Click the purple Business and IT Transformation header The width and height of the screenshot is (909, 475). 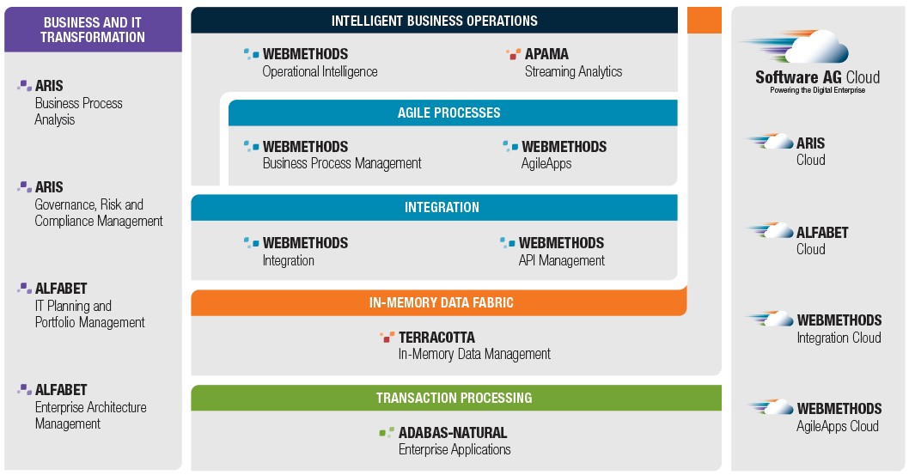(x=93, y=29)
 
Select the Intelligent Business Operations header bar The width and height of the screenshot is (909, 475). (x=434, y=21)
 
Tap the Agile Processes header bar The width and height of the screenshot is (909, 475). (x=453, y=113)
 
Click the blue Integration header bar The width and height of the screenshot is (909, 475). (x=434, y=207)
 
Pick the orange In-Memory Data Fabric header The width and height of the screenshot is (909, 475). (x=439, y=302)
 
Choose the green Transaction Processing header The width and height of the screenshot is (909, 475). (x=456, y=398)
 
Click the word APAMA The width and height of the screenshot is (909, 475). (x=546, y=54)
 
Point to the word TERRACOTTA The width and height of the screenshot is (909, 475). (x=436, y=337)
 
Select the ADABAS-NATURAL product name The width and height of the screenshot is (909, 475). (x=453, y=433)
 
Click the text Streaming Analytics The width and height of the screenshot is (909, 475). (x=573, y=71)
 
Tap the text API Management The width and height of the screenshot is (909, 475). (x=562, y=260)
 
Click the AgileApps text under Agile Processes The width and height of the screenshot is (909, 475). (x=546, y=164)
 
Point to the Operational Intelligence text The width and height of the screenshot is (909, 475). (x=320, y=71)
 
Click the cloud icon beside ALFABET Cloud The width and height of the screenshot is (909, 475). (x=772, y=230)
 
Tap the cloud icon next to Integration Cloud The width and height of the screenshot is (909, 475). (x=772, y=319)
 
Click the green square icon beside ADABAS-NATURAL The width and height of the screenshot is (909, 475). (x=387, y=432)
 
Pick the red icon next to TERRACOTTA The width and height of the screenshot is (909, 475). (x=387, y=337)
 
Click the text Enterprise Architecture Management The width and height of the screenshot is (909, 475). (x=91, y=416)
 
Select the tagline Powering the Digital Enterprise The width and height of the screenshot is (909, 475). (x=817, y=90)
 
